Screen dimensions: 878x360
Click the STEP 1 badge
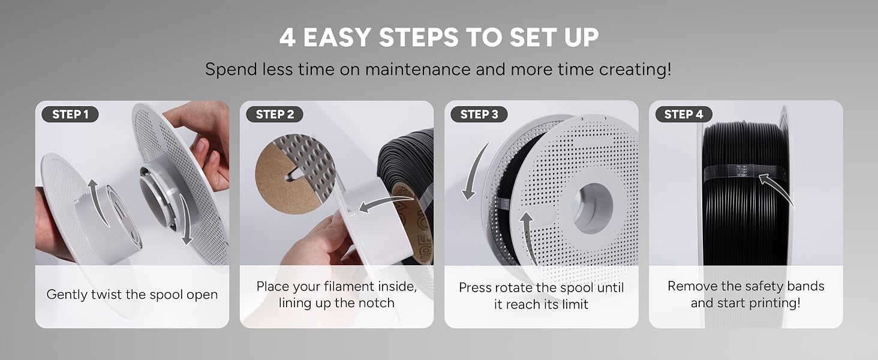point(70,114)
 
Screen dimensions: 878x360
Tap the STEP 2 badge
point(275,114)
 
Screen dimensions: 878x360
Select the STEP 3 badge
point(479,114)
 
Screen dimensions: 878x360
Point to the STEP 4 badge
point(684,114)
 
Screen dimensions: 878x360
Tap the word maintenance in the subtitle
point(418,70)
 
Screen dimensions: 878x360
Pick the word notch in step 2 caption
point(376,303)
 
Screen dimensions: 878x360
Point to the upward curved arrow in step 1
point(97,200)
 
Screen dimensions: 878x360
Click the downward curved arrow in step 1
point(185,219)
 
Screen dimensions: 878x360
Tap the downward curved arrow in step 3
point(474,173)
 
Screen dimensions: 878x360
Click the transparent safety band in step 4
point(745,173)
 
